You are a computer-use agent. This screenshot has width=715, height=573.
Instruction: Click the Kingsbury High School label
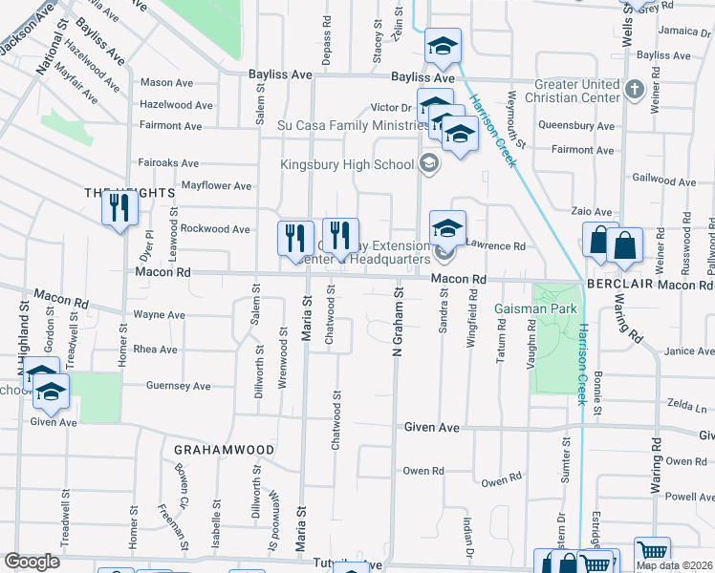click(x=346, y=164)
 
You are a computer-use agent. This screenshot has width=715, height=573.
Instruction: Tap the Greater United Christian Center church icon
click(x=634, y=91)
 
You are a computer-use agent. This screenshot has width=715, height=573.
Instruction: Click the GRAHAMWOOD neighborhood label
click(x=225, y=449)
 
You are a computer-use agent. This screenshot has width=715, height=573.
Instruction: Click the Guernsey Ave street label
click(x=178, y=386)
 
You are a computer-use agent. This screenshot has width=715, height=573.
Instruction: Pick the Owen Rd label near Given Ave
click(x=422, y=471)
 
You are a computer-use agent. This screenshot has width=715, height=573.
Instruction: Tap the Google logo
click(x=32, y=562)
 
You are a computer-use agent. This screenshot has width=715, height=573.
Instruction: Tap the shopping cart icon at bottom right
click(x=652, y=552)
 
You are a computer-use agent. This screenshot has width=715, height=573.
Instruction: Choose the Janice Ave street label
click(x=690, y=351)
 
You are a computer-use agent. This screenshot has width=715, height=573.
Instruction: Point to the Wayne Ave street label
click(x=159, y=314)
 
